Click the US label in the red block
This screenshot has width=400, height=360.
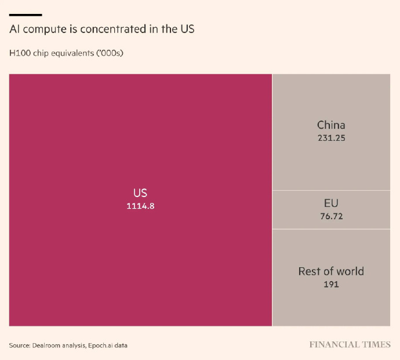click(140, 193)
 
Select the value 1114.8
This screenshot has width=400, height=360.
click(140, 206)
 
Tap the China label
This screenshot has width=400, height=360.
click(331, 125)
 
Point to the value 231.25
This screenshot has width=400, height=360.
click(331, 138)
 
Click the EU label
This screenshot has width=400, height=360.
click(331, 203)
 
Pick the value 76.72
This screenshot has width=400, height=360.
click(331, 216)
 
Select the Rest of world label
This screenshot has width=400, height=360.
click(331, 271)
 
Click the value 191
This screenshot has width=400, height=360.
click(331, 285)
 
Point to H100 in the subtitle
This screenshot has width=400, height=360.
click(19, 53)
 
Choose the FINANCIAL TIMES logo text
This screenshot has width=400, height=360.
click(350, 344)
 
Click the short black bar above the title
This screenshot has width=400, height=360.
click(26, 14)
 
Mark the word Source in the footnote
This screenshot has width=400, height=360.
click(20, 346)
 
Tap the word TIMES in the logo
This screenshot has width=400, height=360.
click(377, 344)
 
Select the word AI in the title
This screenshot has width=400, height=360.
click(14, 29)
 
